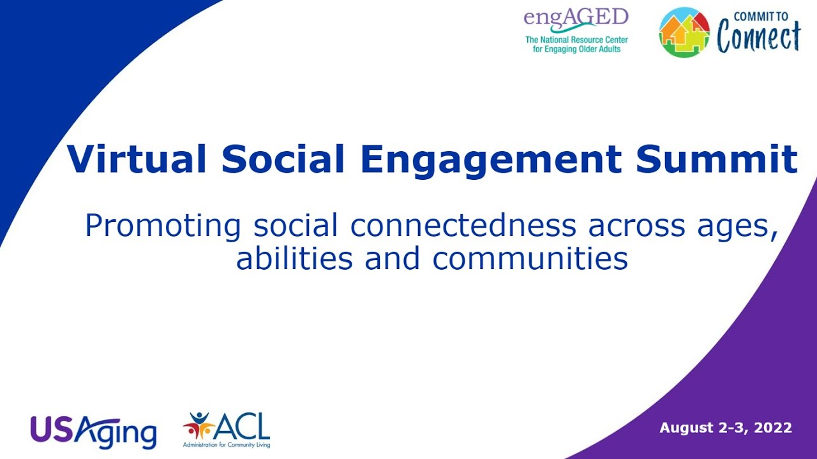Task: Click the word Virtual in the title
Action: point(137,159)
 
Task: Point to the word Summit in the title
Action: point(716,159)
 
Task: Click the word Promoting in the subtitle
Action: point(163,226)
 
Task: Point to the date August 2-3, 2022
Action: point(726,428)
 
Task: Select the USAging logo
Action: point(93,432)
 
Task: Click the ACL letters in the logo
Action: point(243,425)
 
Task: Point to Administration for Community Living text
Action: point(226,444)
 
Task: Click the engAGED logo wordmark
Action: point(576,18)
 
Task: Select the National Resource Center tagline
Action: point(576,44)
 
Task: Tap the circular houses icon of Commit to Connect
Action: point(684,32)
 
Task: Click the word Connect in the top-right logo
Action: point(758,38)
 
